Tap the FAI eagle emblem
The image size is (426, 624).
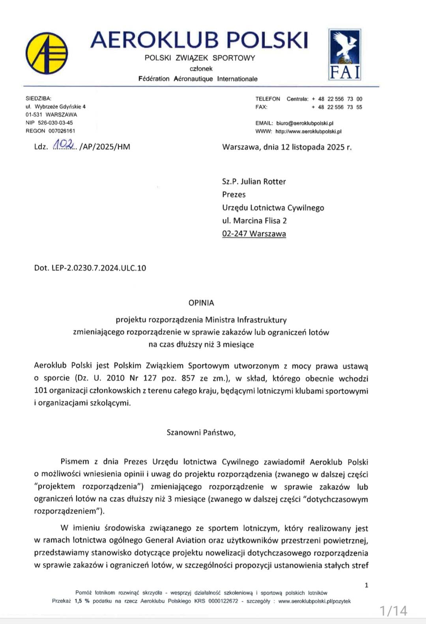tap(345, 55)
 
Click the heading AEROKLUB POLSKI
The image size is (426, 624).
tap(199, 40)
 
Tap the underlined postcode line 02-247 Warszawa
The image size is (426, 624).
tap(254, 233)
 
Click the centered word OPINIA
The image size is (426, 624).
tap(201, 303)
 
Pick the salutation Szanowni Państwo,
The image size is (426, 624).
tap(201, 432)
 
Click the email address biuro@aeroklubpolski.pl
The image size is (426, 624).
tap(305, 123)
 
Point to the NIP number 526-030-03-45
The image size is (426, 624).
tap(55, 123)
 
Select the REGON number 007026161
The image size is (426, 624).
tap(62, 131)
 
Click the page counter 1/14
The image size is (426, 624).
tap(393, 611)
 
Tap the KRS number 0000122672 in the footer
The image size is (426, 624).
tap(223, 601)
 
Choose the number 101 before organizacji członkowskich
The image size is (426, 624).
tap(41, 391)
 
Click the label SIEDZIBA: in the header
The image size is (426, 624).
tap(39, 99)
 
